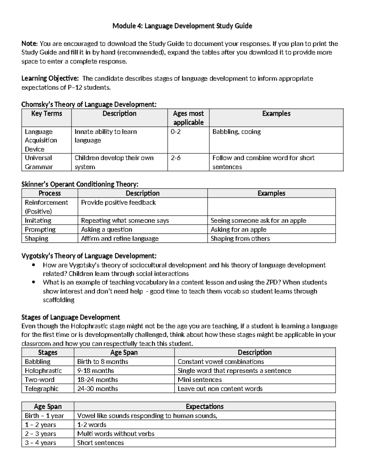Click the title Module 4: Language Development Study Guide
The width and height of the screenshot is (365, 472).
coord(182,26)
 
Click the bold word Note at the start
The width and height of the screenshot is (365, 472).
coord(29,43)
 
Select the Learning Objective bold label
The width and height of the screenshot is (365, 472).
coord(50,78)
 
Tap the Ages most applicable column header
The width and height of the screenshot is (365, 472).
coord(188,118)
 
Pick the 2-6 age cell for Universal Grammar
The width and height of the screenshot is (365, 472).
coord(176,158)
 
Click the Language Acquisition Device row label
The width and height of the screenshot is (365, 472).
coord(41,140)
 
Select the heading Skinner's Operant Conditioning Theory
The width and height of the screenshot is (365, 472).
coord(80,184)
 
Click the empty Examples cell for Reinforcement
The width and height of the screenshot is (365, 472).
coord(271,207)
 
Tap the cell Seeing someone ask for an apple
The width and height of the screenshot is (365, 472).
coord(258,220)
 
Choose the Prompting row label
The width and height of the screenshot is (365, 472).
coord(40,229)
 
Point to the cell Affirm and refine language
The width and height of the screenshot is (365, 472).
coord(120,239)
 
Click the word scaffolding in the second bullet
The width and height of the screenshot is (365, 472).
coord(59,300)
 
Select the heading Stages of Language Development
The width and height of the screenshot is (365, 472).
coord(71,317)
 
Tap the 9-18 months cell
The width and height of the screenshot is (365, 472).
coord(96,370)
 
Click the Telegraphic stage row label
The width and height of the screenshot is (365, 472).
coord(42,389)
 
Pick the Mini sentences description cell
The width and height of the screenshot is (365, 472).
coord(200,380)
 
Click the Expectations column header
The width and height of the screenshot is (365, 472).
coord(204,406)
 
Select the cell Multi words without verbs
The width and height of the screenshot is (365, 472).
coord(116,434)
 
